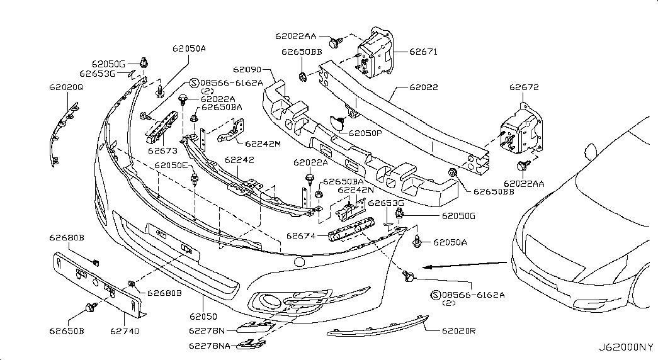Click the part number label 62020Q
pyautogui.click(x=67, y=87)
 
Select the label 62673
pyautogui.click(x=163, y=150)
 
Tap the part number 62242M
pyautogui.click(x=263, y=144)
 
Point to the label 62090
pyautogui.click(x=247, y=69)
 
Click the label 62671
pyautogui.click(x=423, y=52)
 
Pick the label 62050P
pyautogui.click(x=366, y=133)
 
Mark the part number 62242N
pyautogui.click(x=356, y=189)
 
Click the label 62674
pyautogui.click(x=300, y=236)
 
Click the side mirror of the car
pyautogui.click(x=589, y=151)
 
